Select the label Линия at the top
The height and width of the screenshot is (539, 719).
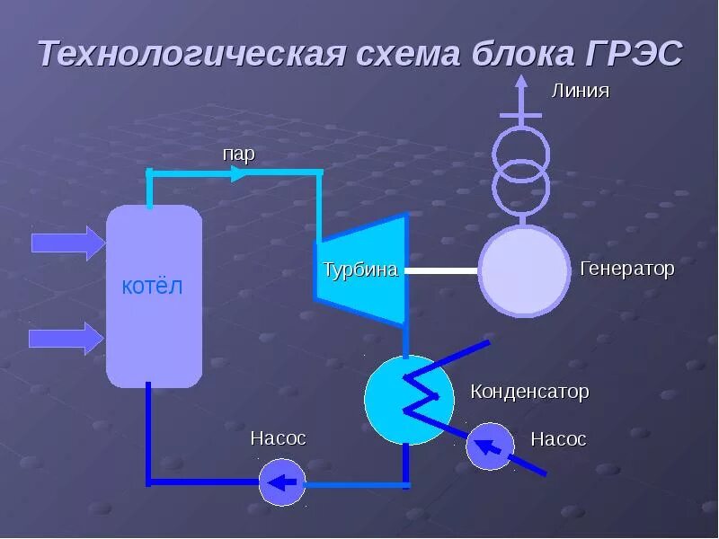(580, 91)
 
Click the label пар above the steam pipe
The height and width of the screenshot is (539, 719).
(239, 154)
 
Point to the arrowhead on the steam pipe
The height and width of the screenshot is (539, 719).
(240, 172)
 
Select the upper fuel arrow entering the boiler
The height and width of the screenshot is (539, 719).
(67, 243)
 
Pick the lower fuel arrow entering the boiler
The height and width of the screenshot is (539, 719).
(67, 338)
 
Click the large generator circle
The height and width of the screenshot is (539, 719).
(524, 270)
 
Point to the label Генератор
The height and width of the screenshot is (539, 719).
(627, 269)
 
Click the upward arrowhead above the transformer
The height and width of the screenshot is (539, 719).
(520, 83)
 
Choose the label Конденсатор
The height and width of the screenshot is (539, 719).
(529, 392)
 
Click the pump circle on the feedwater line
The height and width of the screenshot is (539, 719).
(283, 482)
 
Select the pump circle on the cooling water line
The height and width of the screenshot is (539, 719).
(490, 446)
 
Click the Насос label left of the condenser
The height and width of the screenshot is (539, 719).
(279, 438)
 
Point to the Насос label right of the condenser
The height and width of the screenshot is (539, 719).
(558, 439)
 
